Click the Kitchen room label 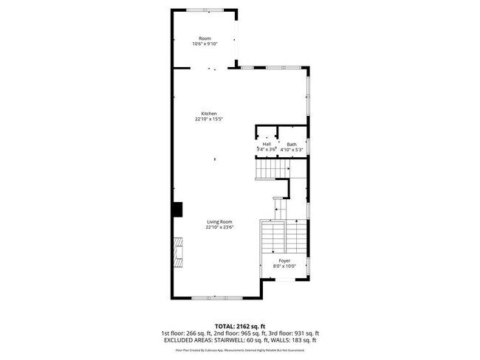click(x=209, y=114)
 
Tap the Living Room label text click(x=219, y=222)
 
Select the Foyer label click(x=284, y=261)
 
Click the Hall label click(x=267, y=145)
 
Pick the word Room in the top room click(x=205, y=38)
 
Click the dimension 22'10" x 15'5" click(x=209, y=120)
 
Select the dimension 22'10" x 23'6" click(x=219, y=228)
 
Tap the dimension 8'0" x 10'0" click(x=284, y=267)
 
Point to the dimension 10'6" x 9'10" click(x=205, y=44)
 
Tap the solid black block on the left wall click(x=177, y=209)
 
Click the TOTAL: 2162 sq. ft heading click(x=239, y=325)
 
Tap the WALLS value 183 click(x=298, y=340)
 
